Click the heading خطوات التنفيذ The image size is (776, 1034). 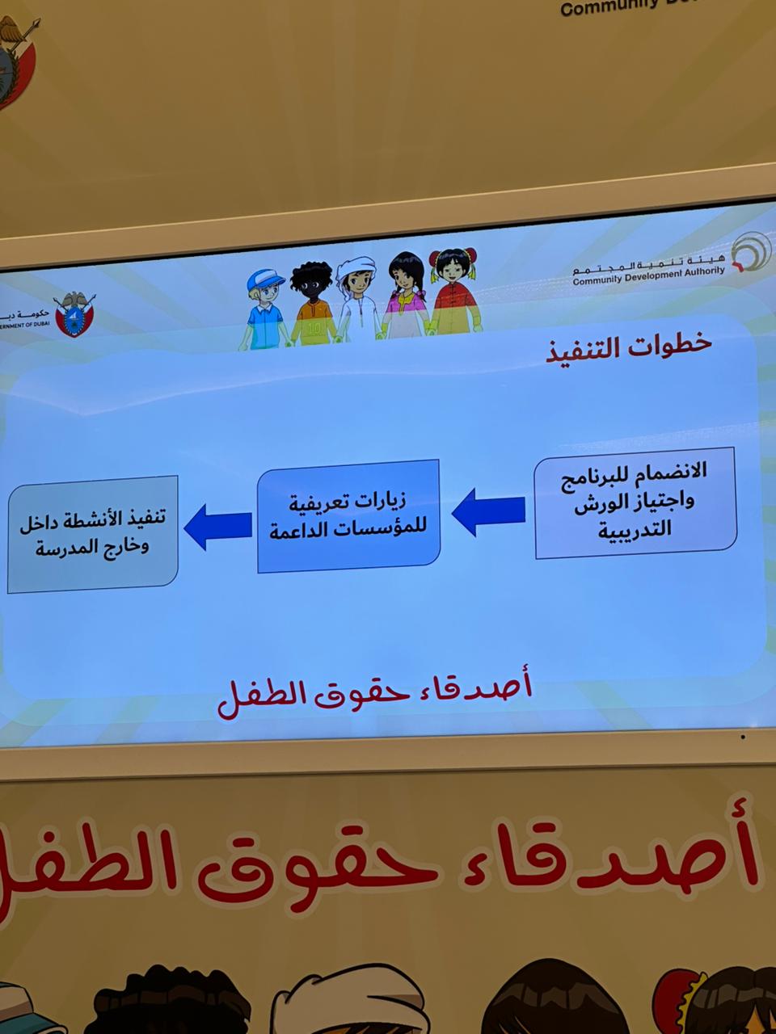click(629, 346)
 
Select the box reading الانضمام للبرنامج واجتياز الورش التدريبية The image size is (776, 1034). click(635, 503)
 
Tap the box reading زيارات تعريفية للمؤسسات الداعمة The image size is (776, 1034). click(348, 516)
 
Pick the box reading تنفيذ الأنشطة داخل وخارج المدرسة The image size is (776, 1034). click(92, 533)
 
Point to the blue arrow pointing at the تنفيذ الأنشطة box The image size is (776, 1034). click(218, 527)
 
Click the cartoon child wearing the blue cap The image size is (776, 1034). click(264, 308)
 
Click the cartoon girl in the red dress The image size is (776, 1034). click(453, 291)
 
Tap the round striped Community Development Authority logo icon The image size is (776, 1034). click(750, 251)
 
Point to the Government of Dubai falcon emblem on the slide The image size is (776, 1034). click(75, 314)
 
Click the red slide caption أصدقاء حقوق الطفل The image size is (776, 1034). click(375, 696)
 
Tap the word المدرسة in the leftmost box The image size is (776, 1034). click(70, 547)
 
